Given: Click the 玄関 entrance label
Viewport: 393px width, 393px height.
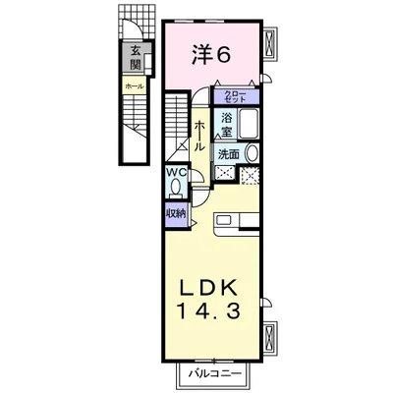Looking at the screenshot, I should pyautogui.click(x=132, y=61).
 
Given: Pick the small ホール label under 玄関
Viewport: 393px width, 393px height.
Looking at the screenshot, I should pyautogui.click(x=132, y=87).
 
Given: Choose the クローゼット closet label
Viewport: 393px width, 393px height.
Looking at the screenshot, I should pyautogui.click(x=240, y=96).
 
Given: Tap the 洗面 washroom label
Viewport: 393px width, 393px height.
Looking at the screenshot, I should pyautogui.click(x=227, y=154).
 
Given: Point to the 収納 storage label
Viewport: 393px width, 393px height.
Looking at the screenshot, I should pyautogui.click(x=176, y=213).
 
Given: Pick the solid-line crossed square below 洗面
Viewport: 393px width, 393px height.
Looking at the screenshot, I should pyautogui.click(x=225, y=175).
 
